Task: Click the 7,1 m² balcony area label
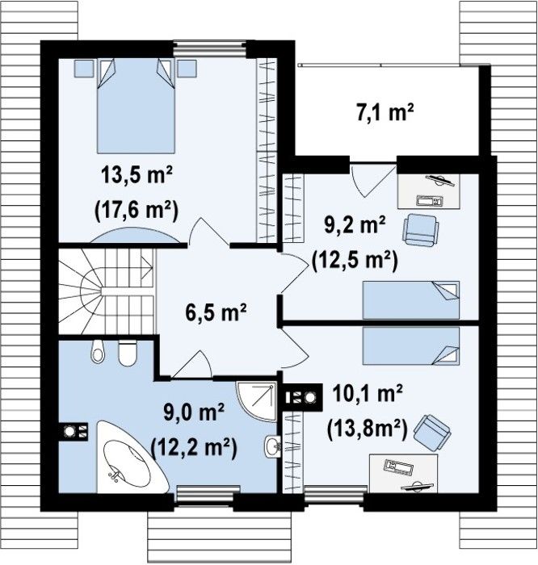(385, 112)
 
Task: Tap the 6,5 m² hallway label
(216, 312)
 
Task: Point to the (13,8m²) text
(367, 429)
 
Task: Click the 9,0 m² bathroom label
(194, 412)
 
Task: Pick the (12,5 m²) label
(355, 260)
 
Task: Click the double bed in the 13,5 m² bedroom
(136, 106)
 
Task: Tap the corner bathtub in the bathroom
(130, 457)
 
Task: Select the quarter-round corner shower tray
(257, 401)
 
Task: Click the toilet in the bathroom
(128, 354)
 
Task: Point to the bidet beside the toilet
(98, 352)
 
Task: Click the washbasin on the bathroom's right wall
(273, 447)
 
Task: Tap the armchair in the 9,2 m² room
(420, 229)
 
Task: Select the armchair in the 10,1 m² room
(432, 433)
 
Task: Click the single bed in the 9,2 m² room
(411, 299)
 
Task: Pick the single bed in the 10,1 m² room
(411, 346)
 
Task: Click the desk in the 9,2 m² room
(429, 190)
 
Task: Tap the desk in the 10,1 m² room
(403, 473)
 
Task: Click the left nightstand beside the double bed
(84, 69)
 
